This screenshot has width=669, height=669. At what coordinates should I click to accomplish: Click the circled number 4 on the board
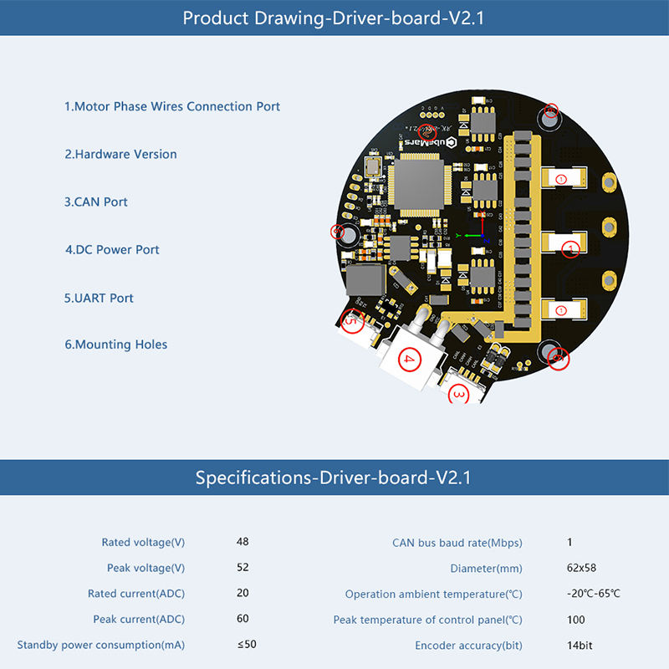408,360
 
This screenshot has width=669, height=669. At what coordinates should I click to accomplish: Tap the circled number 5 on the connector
351,319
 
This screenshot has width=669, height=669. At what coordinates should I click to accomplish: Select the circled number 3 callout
459,393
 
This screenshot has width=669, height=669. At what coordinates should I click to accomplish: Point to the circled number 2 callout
426,132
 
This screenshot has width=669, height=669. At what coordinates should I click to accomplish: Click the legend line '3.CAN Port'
96,202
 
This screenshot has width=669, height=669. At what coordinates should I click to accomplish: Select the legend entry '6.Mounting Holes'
116,345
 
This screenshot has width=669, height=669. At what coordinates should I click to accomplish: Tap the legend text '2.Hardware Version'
121,154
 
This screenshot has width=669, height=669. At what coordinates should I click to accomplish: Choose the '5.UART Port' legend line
99,298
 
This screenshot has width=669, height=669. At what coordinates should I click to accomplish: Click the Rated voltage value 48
243,542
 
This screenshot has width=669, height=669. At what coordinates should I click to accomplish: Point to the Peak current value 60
243,619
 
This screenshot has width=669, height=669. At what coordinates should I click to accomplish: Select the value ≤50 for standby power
247,644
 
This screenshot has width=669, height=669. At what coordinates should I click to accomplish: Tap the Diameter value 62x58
581,568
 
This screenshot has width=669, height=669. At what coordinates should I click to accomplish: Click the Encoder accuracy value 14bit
580,645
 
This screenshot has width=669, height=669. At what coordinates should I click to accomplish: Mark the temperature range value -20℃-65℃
594,594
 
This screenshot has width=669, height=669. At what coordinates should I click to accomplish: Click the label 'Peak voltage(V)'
146,568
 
